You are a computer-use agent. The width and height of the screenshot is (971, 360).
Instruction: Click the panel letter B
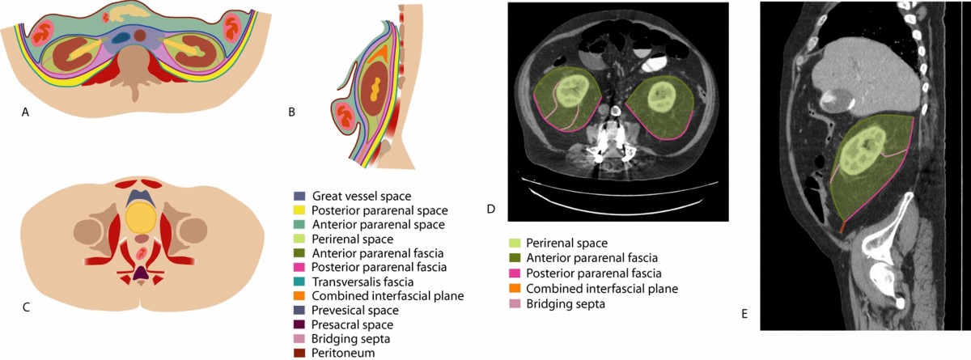[x=291, y=113]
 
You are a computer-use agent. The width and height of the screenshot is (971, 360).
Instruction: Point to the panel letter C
[x=26, y=306]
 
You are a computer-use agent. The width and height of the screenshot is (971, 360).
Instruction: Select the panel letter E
[x=744, y=312]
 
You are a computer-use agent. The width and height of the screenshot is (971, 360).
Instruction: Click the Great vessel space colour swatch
[x=299, y=196]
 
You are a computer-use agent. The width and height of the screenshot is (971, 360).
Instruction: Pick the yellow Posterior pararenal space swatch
[x=299, y=210]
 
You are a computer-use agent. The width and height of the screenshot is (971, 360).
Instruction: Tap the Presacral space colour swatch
[x=299, y=324]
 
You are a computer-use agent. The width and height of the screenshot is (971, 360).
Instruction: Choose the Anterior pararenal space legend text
[x=368, y=225]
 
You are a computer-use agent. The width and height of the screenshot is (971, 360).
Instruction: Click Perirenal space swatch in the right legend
[x=514, y=243]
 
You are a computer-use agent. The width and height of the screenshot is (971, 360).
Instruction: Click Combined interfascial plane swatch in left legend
[x=299, y=296]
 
